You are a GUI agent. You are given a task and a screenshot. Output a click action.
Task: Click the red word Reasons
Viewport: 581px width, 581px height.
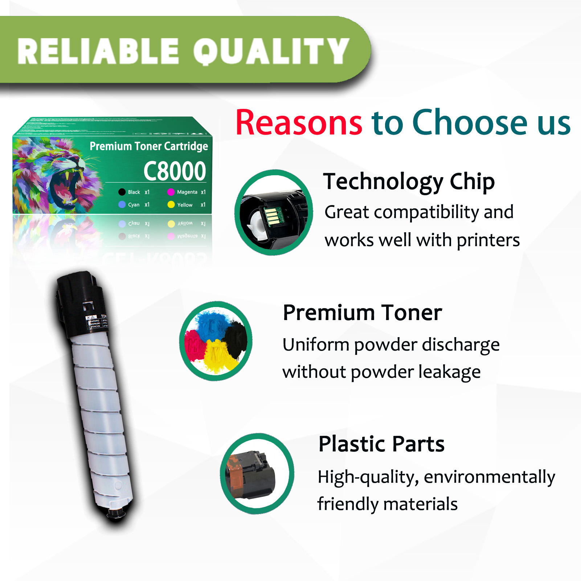point(299,123)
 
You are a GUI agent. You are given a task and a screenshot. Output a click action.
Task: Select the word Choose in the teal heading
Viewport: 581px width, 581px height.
point(469,123)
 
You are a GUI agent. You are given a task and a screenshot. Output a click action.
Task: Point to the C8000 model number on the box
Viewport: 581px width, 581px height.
point(175,171)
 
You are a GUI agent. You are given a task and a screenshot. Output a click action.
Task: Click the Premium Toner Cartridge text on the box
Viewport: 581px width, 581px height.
point(149,146)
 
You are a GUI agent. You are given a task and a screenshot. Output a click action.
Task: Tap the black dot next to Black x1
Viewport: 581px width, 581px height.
point(122,192)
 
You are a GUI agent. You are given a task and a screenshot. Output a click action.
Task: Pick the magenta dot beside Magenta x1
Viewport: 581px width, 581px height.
point(171,192)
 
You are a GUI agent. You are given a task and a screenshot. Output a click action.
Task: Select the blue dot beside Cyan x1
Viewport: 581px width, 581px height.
point(122,205)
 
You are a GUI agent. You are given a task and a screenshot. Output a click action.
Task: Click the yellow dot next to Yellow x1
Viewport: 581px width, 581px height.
point(171,205)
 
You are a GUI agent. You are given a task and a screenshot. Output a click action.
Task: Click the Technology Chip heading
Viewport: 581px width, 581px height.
point(409,181)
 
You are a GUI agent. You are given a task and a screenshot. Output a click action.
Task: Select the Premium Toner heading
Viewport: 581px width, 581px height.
point(362,312)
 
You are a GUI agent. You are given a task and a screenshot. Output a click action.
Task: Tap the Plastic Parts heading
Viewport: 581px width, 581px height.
point(381,443)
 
